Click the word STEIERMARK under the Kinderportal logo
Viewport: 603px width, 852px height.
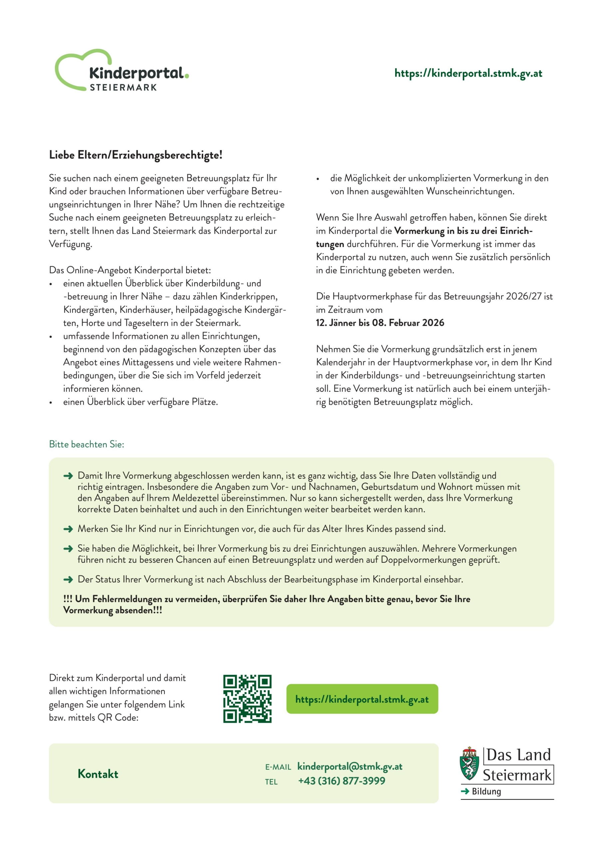click(x=123, y=88)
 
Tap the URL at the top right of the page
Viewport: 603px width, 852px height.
click(x=468, y=73)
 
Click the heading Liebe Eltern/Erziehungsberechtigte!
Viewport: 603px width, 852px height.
click(x=136, y=155)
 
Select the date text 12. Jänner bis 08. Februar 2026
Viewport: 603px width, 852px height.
click(x=380, y=323)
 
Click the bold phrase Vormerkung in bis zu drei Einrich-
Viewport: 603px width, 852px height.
click(x=463, y=231)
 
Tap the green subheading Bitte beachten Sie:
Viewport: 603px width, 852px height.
click(x=87, y=444)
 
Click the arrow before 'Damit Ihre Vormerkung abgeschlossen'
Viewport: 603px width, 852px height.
click(x=68, y=476)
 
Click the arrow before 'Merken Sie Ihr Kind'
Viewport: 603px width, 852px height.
click(x=68, y=529)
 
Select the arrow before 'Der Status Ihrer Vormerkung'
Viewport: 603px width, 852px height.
click(x=68, y=579)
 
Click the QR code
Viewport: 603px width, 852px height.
click(x=247, y=699)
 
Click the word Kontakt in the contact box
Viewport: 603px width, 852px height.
click(x=98, y=774)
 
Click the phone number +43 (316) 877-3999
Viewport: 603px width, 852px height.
click(x=342, y=781)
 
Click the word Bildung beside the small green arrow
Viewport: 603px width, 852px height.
click(x=486, y=791)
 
